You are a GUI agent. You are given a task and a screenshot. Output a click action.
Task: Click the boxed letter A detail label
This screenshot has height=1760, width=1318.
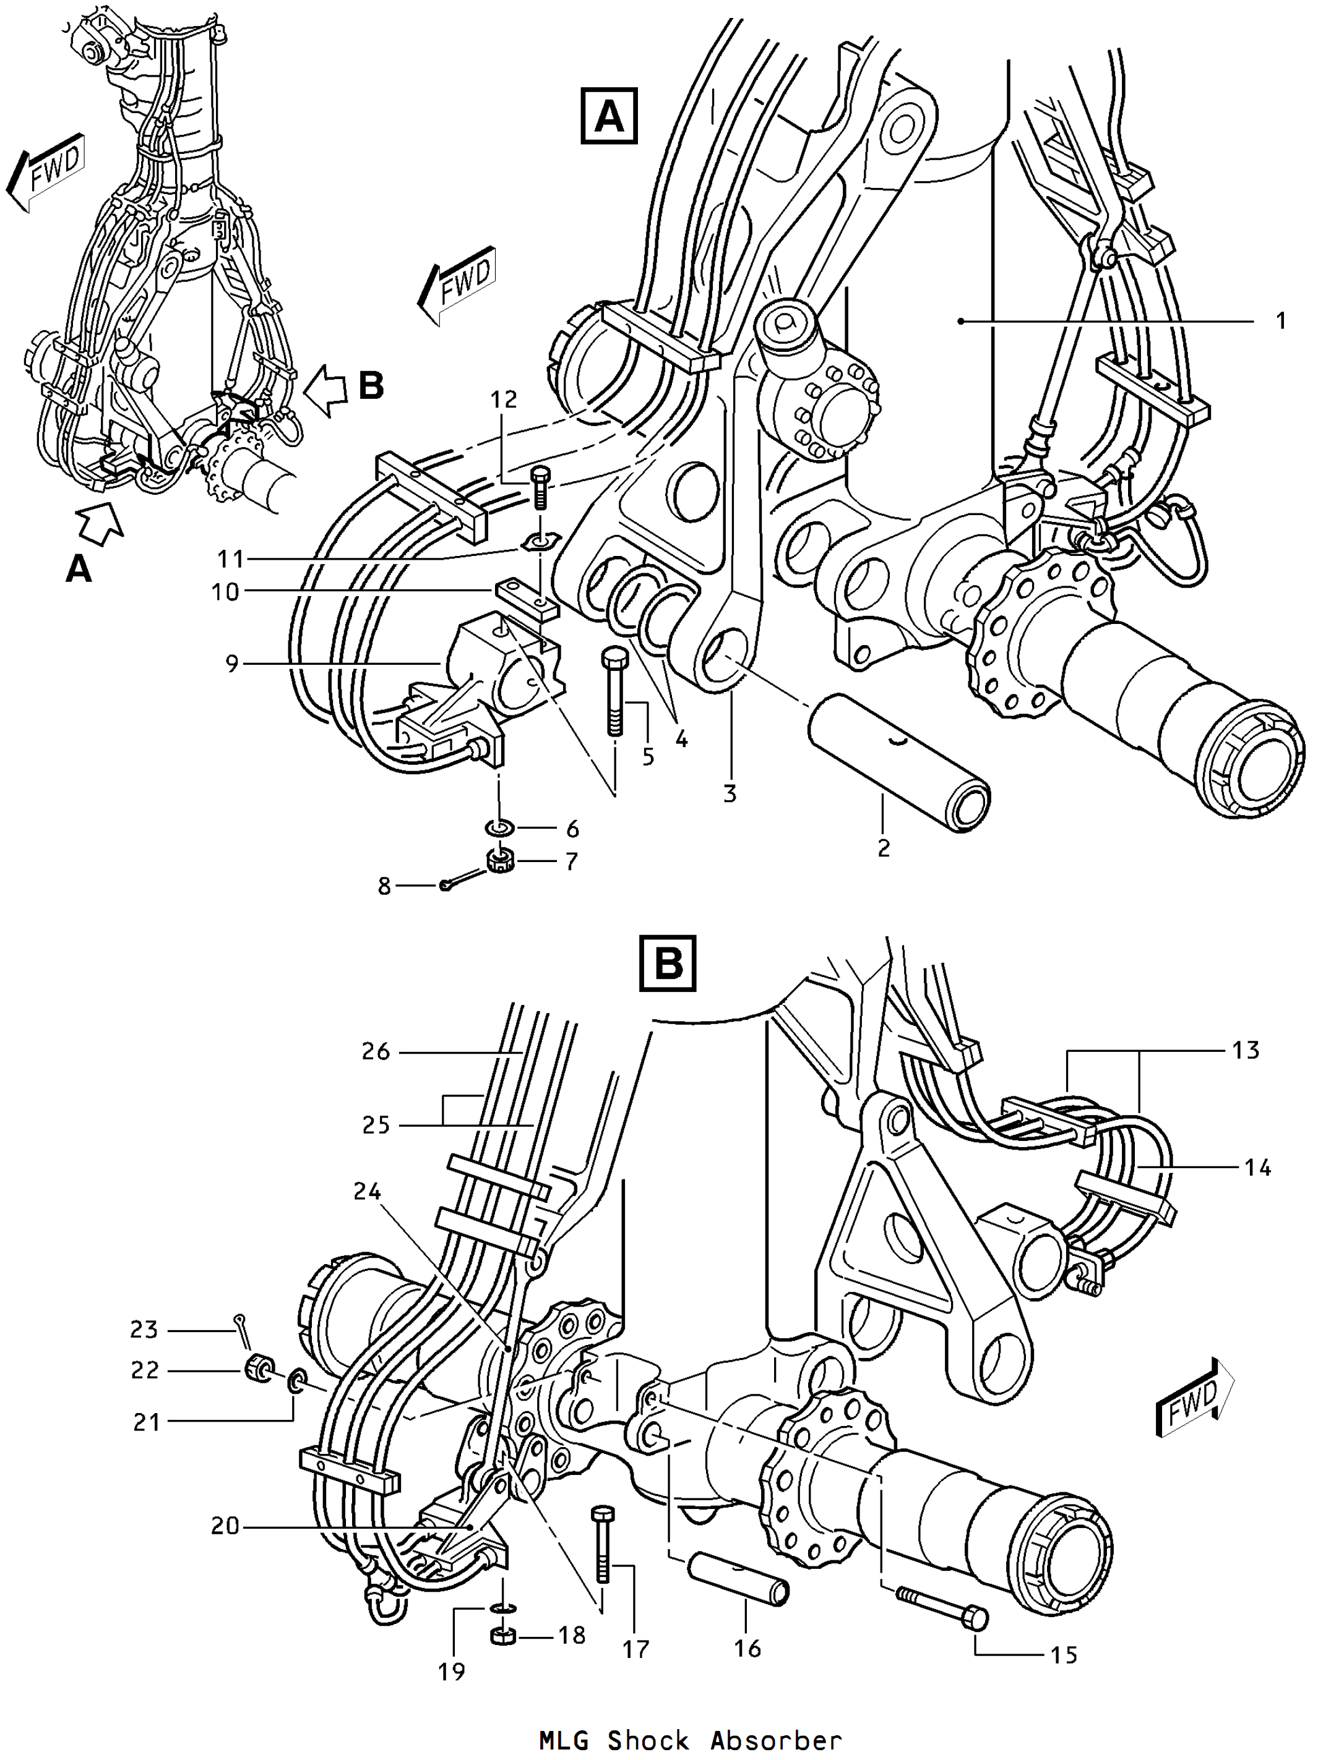(609, 116)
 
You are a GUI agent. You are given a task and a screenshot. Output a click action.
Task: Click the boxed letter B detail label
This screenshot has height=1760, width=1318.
(668, 963)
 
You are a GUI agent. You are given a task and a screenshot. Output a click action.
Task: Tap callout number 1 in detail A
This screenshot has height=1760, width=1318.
(1281, 321)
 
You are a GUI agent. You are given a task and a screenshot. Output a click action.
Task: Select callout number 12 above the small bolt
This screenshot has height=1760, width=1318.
(504, 399)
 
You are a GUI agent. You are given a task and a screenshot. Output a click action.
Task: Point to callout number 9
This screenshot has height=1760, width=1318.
(231, 663)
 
